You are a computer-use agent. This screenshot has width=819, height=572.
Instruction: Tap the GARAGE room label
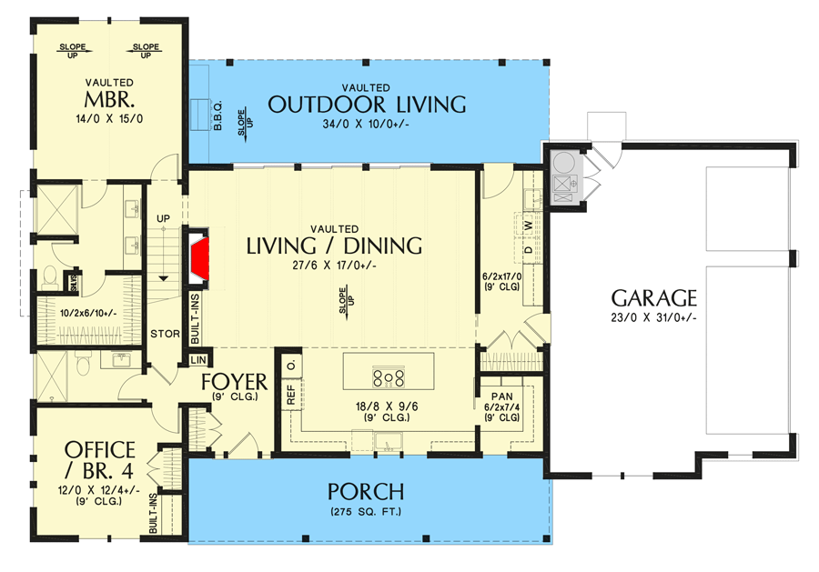[x=653, y=297]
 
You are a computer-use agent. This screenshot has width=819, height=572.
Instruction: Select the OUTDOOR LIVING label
[x=367, y=104]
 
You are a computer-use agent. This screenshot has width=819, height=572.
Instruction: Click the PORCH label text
[x=366, y=492]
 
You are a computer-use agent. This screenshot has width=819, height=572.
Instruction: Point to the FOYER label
[x=234, y=380]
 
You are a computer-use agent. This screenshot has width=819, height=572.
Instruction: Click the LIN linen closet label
[x=198, y=360]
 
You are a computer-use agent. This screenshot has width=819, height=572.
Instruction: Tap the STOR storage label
[x=165, y=333]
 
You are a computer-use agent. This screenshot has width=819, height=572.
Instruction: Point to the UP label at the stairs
[x=165, y=219]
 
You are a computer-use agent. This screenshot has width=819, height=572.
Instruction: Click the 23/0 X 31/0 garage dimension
[x=653, y=318]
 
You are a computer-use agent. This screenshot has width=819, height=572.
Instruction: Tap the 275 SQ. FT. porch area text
[x=366, y=512]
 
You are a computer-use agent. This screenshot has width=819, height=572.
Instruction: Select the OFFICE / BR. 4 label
[x=100, y=459]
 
